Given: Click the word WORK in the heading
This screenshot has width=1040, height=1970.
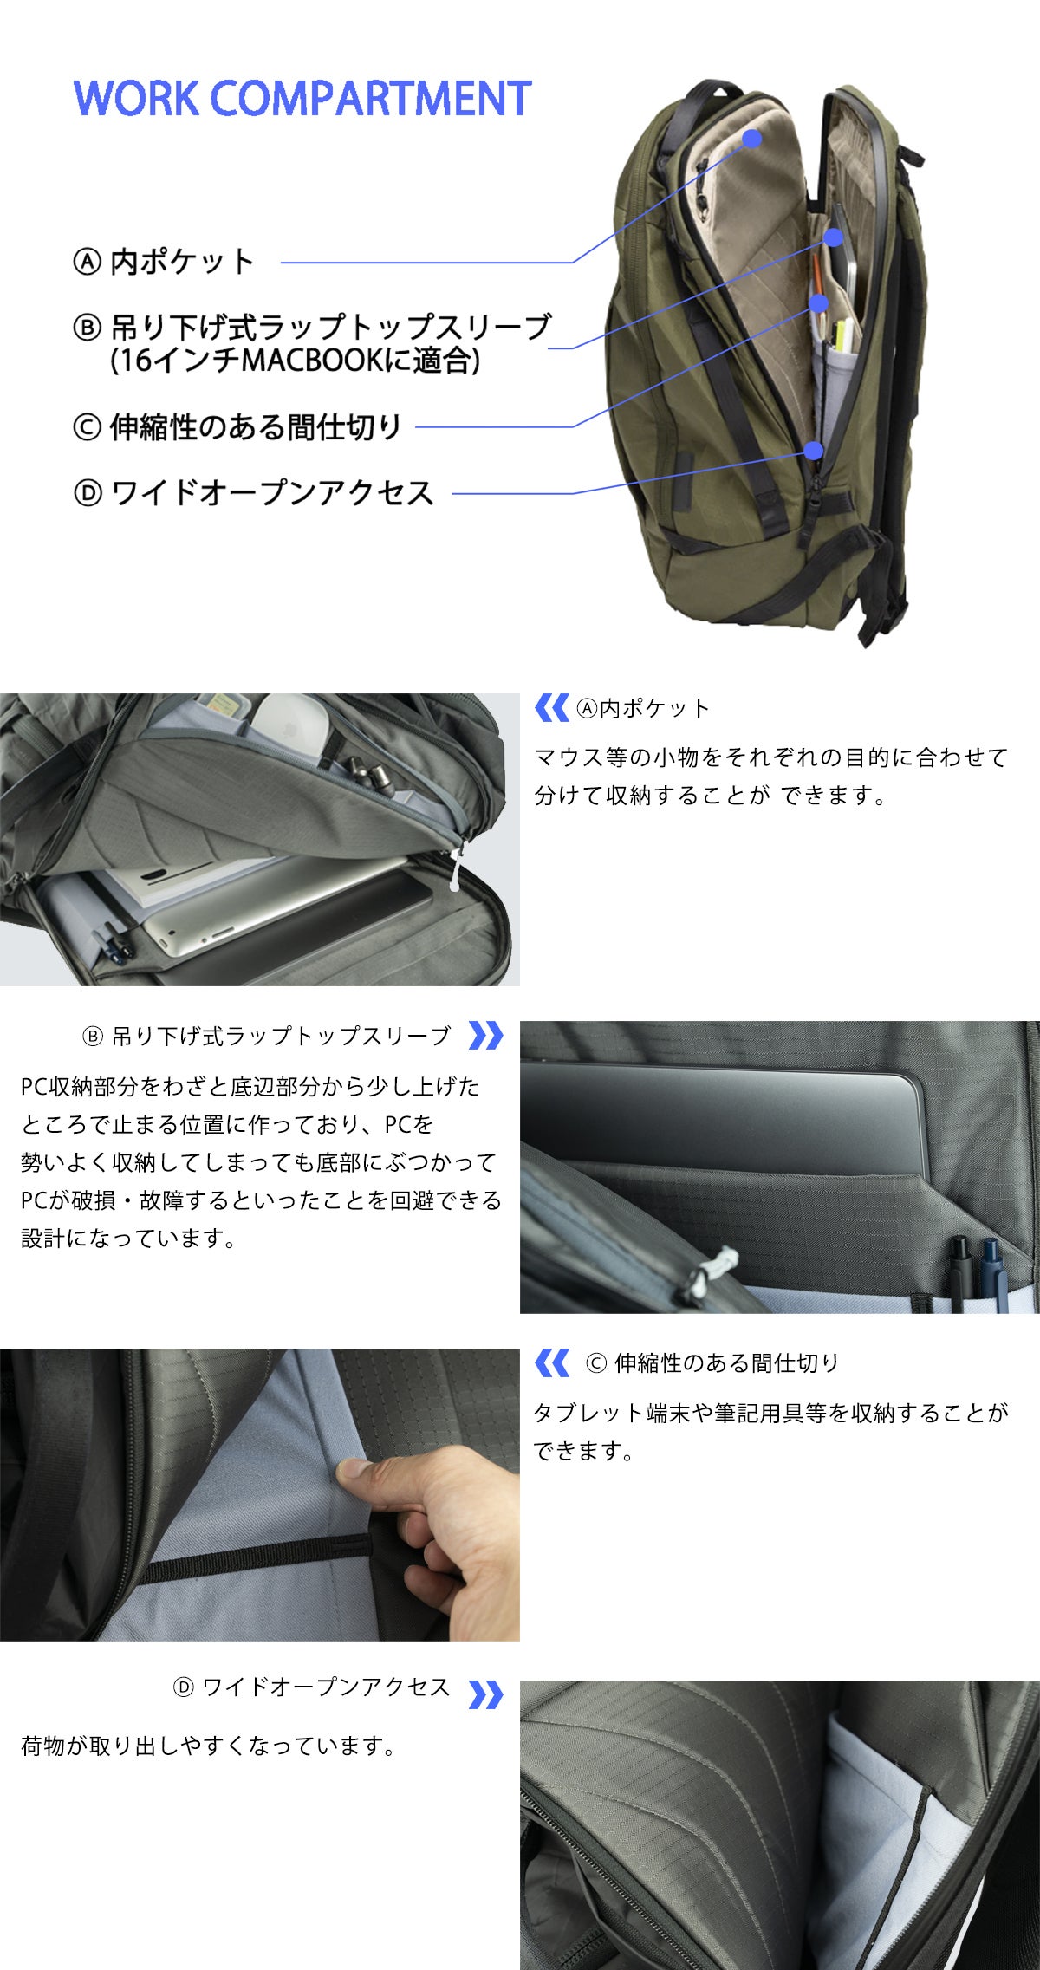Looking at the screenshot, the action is coord(136,98).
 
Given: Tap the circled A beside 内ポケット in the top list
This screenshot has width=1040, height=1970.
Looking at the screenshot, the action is coord(87,262).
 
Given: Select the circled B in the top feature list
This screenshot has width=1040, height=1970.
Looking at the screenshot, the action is coord(87,328).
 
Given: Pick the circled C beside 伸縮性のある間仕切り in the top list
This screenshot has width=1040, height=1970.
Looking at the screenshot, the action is coord(87,427).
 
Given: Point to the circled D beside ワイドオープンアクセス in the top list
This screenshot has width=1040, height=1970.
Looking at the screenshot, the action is coord(87,494).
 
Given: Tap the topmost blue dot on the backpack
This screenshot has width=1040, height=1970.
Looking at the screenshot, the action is coord(752,138).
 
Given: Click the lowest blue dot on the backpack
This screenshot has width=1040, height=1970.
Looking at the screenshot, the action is coord(813,450).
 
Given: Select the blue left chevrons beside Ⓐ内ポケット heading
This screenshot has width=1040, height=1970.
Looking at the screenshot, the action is coord(551,707).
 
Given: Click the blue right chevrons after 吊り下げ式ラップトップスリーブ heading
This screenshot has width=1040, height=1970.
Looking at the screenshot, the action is coord(485,1036).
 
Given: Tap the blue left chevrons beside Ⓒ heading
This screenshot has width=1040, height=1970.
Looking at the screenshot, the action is coord(551,1362).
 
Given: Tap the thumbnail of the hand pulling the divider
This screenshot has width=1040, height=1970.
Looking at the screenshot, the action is coord(260,1494).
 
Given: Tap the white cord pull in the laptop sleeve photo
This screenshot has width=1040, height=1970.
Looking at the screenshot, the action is coord(709,1273).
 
